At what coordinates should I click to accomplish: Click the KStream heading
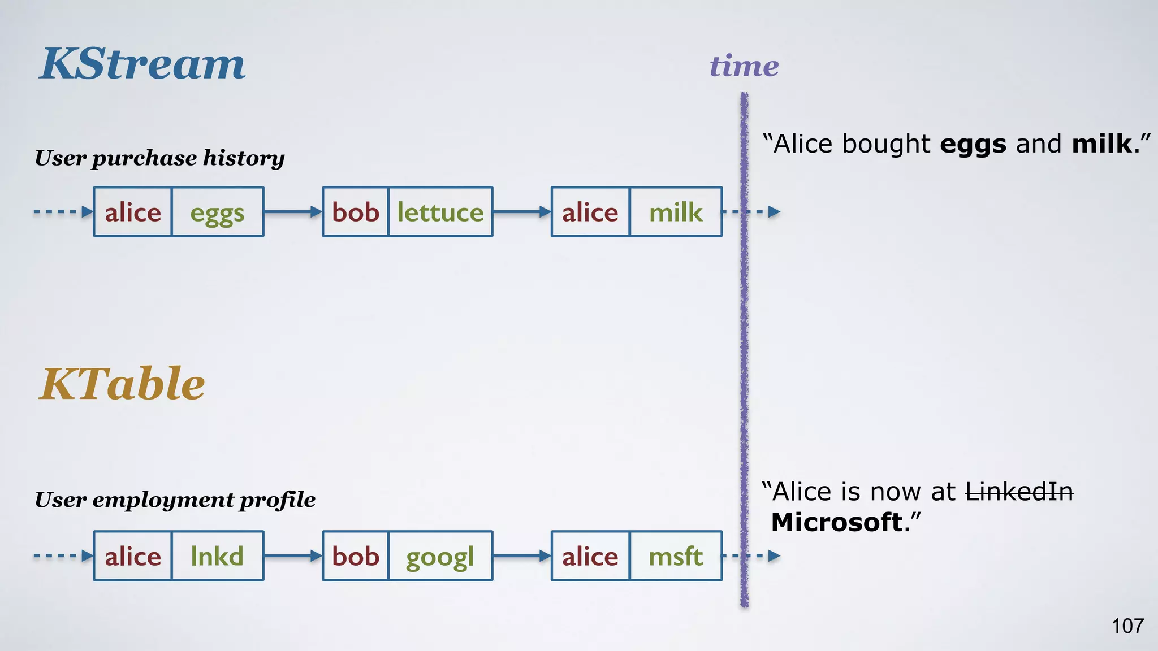[x=142, y=64]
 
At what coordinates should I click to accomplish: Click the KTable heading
[x=122, y=384]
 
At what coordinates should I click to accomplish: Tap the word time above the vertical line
[x=744, y=66]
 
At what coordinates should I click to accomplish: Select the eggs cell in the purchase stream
[x=218, y=212]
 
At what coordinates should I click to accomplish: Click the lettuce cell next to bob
[x=440, y=212]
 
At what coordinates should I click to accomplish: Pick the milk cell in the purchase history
[x=676, y=212]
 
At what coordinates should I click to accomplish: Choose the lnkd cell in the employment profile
[x=218, y=556]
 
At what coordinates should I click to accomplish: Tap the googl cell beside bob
[x=440, y=557]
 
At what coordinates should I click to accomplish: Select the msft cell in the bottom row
[x=676, y=557]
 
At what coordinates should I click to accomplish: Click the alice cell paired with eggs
[x=133, y=212]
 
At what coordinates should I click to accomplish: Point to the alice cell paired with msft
[x=590, y=557]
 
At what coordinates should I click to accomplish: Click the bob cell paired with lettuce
[x=356, y=212]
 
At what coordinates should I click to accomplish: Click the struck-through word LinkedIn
[x=1019, y=492]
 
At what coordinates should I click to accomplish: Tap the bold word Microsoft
[x=837, y=522]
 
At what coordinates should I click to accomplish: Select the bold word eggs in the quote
[x=973, y=145]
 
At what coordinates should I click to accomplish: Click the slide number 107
[x=1127, y=626]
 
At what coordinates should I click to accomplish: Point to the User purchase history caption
[x=159, y=158]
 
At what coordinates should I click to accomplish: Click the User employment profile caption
[x=175, y=500]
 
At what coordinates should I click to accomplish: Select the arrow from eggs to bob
[x=293, y=212]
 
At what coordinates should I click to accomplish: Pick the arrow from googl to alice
[x=521, y=556]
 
